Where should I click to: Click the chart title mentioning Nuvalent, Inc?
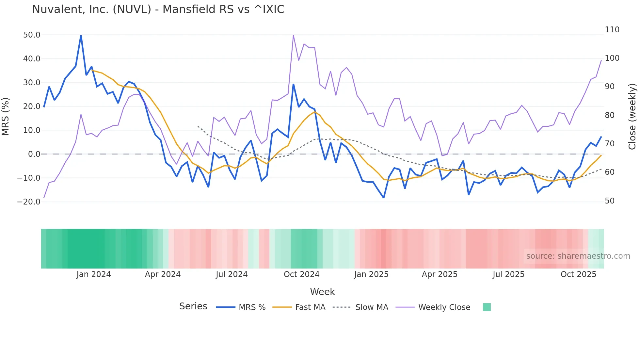click(158, 9)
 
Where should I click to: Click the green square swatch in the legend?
click(487, 307)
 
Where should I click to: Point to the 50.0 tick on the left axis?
click(32, 35)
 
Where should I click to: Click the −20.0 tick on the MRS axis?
click(29, 202)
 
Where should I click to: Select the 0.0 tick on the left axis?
click(34, 154)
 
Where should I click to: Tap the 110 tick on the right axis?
click(612, 30)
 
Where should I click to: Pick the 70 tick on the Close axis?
click(610, 144)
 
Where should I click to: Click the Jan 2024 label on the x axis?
click(94, 274)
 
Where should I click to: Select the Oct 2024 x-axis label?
click(301, 274)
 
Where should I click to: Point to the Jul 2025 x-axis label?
click(508, 274)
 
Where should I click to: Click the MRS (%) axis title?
click(6, 117)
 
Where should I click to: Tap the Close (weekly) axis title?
click(632, 117)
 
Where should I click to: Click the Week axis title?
click(322, 292)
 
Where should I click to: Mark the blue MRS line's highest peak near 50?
click(81, 36)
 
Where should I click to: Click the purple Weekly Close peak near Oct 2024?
click(293, 35)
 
